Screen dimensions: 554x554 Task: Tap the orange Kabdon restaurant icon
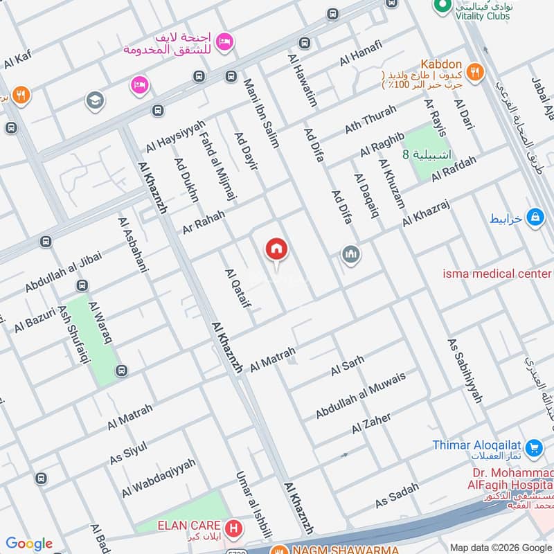pyautogui.click(x=474, y=71)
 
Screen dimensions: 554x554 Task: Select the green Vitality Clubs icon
pyautogui.click(x=439, y=5)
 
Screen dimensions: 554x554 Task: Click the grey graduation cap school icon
pyautogui.click(x=95, y=101)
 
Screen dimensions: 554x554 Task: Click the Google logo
pyautogui.click(x=29, y=544)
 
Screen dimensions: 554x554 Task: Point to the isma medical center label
pyautogui.click(x=497, y=274)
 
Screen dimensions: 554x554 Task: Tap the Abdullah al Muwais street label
pyautogui.click(x=361, y=395)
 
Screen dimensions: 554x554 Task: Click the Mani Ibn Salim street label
pyautogui.click(x=261, y=113)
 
